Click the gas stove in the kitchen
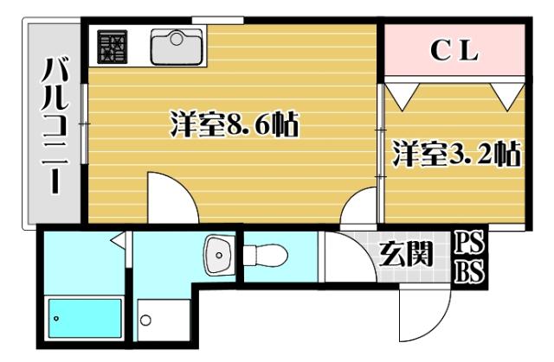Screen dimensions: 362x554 point(112,47)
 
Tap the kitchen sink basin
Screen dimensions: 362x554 point(176,45)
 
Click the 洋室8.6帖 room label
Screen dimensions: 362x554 point(234,126)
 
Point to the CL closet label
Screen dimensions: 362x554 point(454,52)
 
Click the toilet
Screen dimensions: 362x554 point(267,256)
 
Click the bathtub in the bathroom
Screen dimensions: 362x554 point(84,321)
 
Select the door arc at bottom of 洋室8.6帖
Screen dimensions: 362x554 point(169,197)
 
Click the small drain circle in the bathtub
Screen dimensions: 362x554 point(56,319)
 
